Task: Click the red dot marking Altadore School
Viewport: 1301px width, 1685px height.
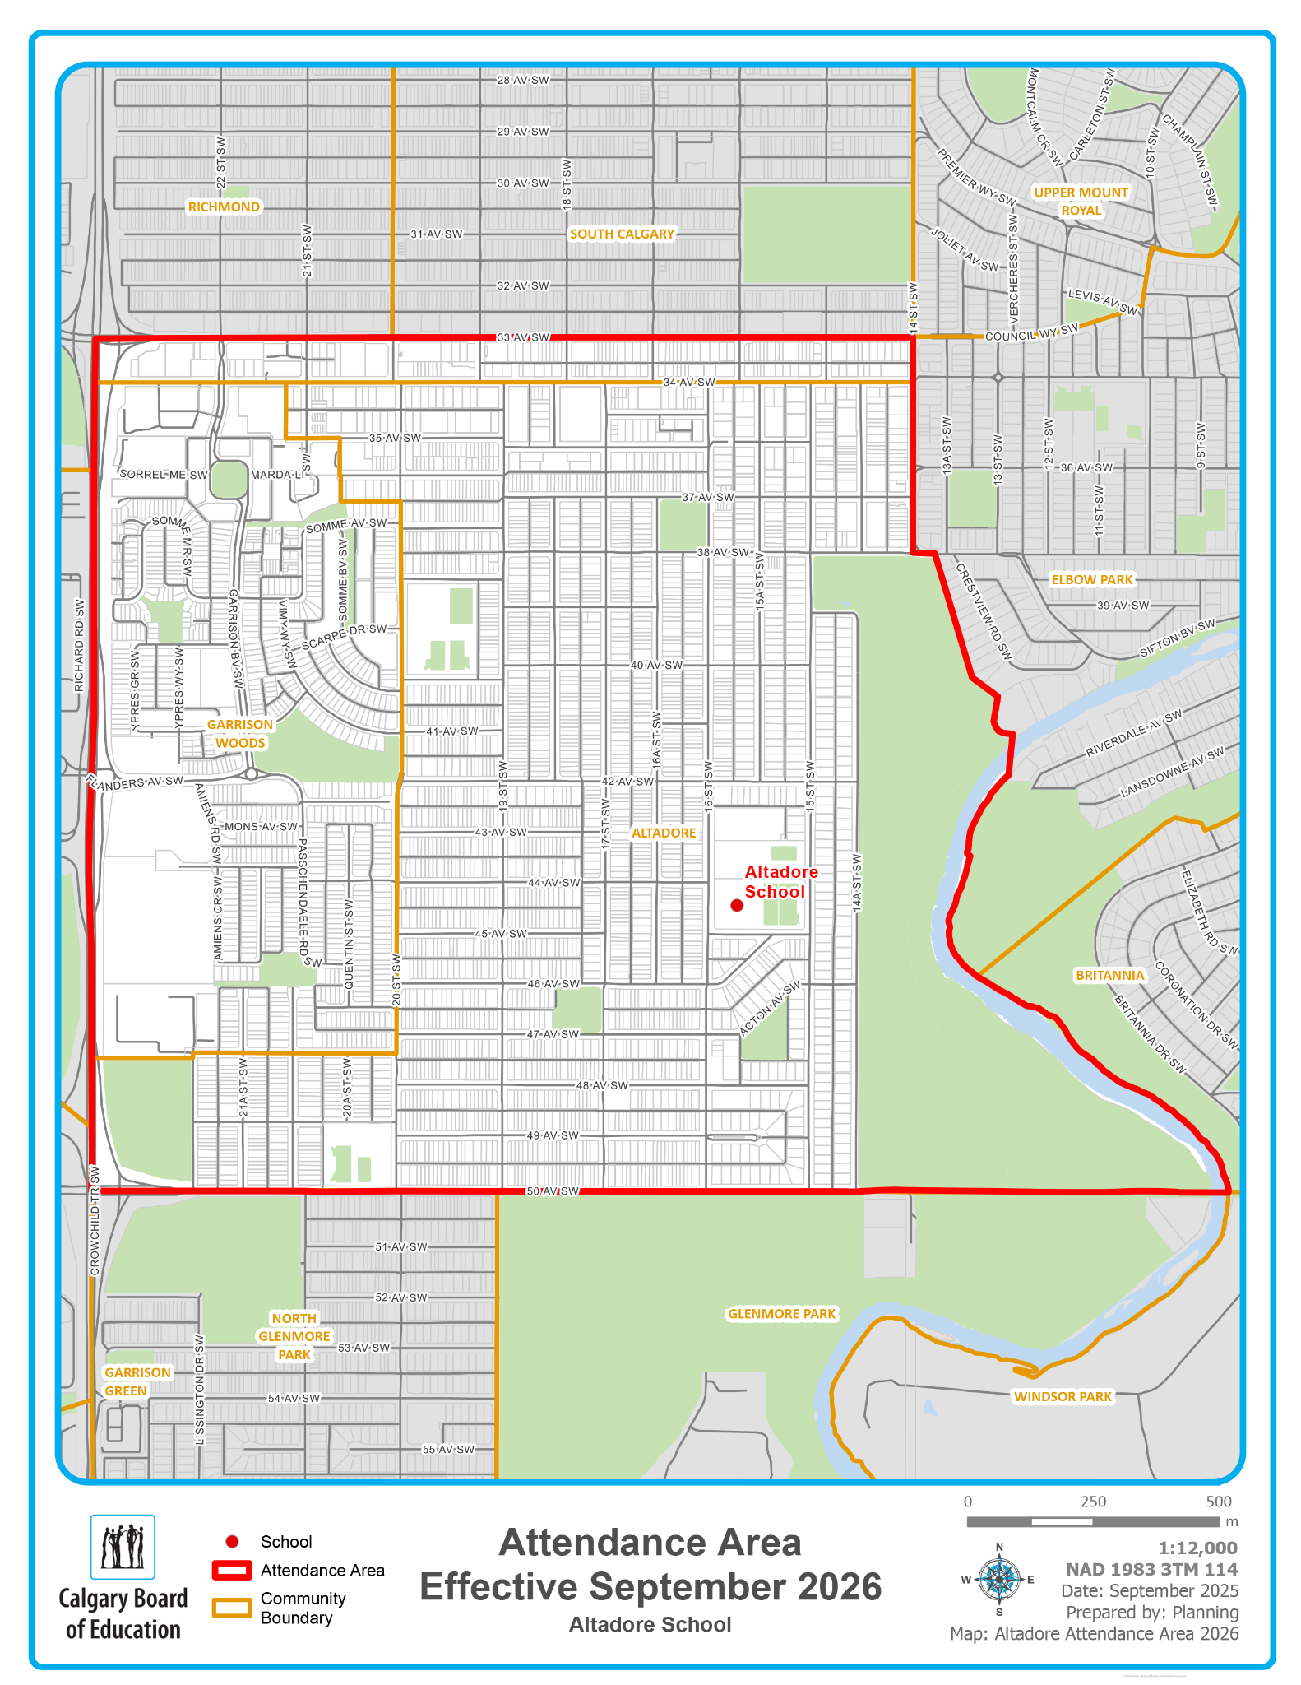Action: [737, 905]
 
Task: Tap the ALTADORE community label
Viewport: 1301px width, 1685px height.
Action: [664, 833]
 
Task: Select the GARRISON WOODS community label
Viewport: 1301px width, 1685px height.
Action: [240, 734]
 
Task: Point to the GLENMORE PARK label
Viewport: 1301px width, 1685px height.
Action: [781, 1314]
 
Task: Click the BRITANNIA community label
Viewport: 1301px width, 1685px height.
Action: [1109, 975]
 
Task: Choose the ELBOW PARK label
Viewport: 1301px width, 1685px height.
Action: [1092, 579]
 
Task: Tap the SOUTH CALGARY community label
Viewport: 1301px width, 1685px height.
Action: [622, 234]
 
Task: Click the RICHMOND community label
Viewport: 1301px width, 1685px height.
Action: [224, 207]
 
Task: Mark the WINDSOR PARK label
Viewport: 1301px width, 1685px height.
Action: [1063, 1396]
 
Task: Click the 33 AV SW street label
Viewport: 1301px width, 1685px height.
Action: [523, 337]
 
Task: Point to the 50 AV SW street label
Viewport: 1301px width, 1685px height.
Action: [553, 1191]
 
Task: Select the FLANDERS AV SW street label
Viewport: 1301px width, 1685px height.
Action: [136, 782]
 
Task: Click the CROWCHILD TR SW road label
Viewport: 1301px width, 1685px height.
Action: [95, 1221]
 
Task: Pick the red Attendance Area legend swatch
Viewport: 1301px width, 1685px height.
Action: [232, 1570]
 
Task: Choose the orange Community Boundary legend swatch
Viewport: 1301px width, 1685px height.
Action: [232, 1608]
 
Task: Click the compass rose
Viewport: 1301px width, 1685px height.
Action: [999, 1579]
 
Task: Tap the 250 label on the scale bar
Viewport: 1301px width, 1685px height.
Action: [1092, 1502]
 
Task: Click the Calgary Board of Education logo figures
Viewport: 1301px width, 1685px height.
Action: [123, 1547]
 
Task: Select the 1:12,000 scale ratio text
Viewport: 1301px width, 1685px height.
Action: [1197, 1548]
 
